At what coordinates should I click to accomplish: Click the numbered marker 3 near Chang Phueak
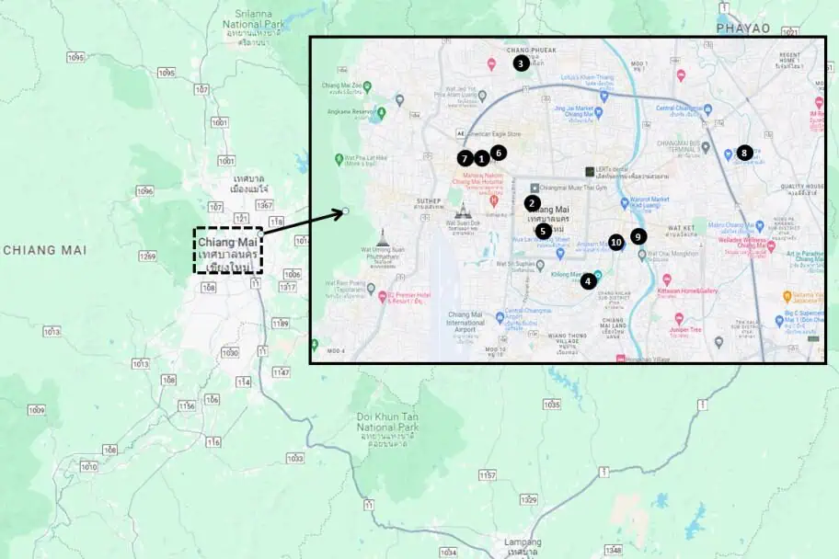(x=521, y=63)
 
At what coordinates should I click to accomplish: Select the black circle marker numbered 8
(x=744, y=153)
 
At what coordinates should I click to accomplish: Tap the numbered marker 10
(x=616, y=243)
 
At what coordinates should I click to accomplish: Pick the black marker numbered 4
(x=588, y=281)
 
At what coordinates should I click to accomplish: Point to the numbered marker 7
(x=465, y=159)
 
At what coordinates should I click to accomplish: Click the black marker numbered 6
(x=498, y=152)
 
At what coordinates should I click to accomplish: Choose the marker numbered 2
(x=532, y=202)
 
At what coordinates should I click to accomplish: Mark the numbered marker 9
(x=638, y=236)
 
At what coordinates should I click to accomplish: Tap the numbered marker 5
(x=544, y=231)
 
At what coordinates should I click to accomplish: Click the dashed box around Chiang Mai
(x=228, y=250)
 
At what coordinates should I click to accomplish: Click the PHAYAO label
(x=742, y=29)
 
